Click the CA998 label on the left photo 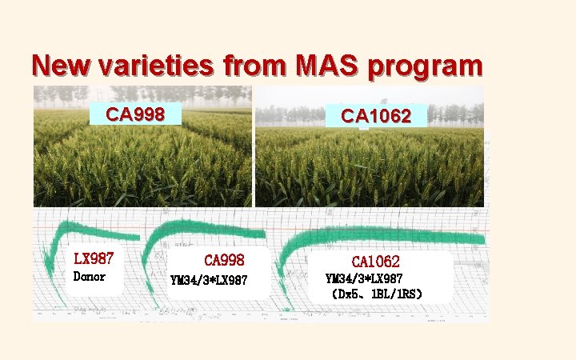[x=135, y=114]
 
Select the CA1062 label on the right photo [x=376, y=116]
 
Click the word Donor [x=89, y=277]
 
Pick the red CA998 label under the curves [x=224, y=260]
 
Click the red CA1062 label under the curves [x=375, y=262]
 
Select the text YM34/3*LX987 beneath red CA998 [x=210, y=280]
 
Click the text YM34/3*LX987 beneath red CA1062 [x=364, y=278]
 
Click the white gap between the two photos [x=254, y=160]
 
